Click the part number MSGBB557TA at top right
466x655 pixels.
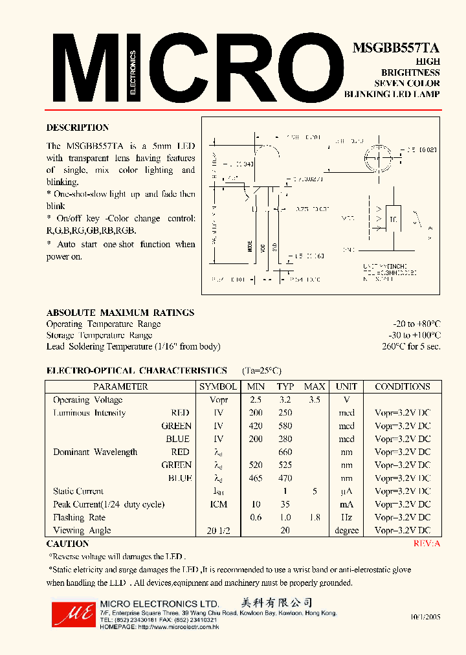tap(396, 49)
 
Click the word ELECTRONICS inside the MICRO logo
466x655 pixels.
tap(134, 72)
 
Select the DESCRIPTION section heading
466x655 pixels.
tap(78, 128)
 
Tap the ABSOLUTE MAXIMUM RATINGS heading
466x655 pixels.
tap(120, 313)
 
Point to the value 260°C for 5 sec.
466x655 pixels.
tap(411, 346)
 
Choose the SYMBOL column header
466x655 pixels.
tap(218, 386)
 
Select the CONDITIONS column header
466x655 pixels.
tap(402, 386)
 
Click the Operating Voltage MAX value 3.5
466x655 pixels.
tap(315, 400)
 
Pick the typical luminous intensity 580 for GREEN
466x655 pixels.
tap(285, 426)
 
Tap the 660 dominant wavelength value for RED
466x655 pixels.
tap(285, 452)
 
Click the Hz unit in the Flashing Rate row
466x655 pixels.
tap(346, 517)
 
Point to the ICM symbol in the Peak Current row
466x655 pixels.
tap(218, 504)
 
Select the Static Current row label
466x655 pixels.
tap(78, 491)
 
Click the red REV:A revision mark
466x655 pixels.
tap(427, 544)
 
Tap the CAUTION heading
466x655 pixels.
tap(68, 544)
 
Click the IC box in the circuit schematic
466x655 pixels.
tap(392, 219)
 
